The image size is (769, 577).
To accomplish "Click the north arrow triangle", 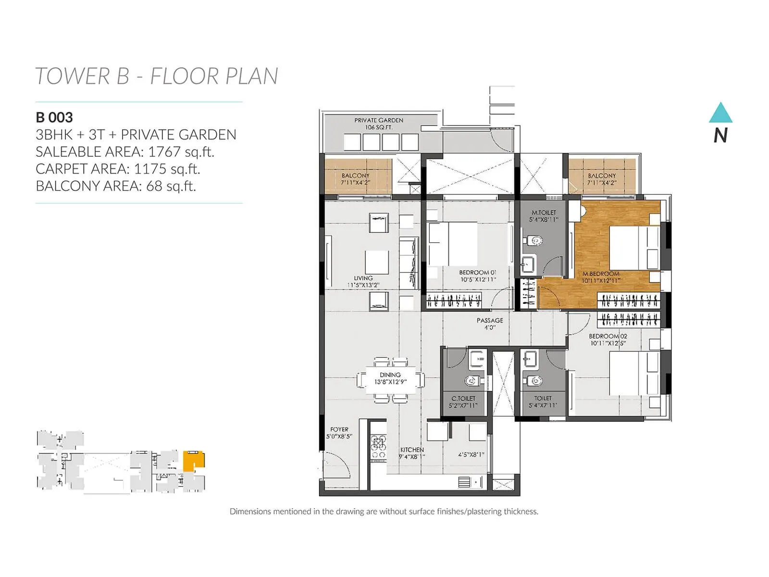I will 720,113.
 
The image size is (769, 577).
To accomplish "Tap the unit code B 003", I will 54,117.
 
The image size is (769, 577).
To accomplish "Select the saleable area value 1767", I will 164,152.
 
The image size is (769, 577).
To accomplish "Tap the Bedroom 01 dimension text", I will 478,279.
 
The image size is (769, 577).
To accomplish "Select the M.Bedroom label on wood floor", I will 601,274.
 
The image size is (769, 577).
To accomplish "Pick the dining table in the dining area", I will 390,380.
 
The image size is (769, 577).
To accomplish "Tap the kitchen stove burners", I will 378,447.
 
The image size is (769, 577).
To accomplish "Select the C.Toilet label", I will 463,399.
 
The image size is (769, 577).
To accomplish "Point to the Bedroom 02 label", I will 608,336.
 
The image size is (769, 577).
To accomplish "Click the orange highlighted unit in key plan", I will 194,460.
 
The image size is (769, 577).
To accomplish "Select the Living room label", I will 363,278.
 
